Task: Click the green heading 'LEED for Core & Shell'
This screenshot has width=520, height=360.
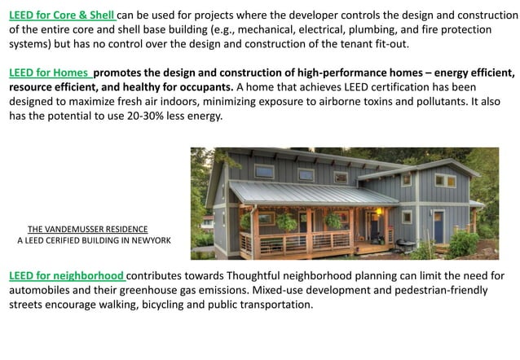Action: pos(63,15)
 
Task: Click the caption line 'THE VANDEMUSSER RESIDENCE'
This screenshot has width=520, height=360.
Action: pos(88,230)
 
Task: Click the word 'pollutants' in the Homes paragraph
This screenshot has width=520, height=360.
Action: pos(456,102)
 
